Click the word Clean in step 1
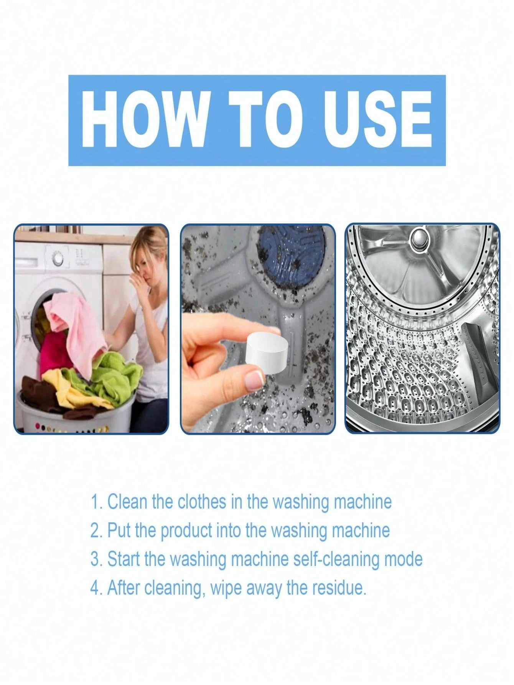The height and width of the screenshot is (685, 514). (128, 502)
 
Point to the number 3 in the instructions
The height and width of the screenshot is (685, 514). (96, 560)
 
